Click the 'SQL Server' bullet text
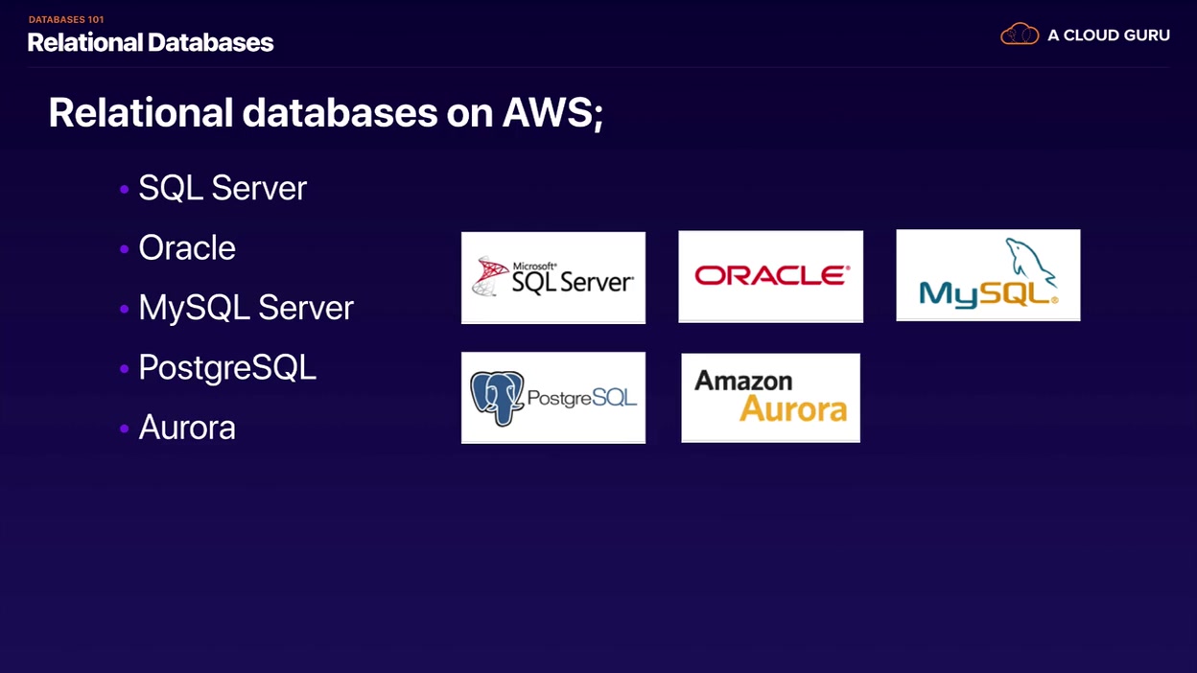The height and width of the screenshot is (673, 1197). (223, 188)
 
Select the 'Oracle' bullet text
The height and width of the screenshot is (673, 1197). (187, 248)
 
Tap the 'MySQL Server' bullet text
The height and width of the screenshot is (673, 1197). (246, 308)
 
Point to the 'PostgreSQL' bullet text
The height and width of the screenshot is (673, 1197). (227, 367)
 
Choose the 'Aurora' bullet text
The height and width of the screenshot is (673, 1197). (187, 428)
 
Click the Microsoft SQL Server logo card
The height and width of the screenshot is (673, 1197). (553, 277)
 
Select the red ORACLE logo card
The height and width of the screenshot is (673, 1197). (770, 276)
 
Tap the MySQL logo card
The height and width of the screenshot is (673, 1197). (988, 275)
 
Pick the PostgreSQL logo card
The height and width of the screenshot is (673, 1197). (553, 397)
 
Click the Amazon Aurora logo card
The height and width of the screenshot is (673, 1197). (770, 397)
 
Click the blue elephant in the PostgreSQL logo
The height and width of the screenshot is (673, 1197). (497, 397)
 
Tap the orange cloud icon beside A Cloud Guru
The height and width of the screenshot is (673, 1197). (1020, 35)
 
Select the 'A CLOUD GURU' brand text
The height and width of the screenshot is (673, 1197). (1109, 35)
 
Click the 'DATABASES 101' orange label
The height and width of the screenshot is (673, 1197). (66, 19)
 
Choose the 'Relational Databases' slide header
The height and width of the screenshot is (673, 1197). (151, 42)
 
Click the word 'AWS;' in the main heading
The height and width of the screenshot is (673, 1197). (552, 113)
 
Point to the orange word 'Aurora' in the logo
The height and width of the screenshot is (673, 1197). (793, 410)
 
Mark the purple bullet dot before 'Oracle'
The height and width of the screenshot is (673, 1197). (124, 249)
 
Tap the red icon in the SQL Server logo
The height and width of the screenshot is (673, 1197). (490, 276)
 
